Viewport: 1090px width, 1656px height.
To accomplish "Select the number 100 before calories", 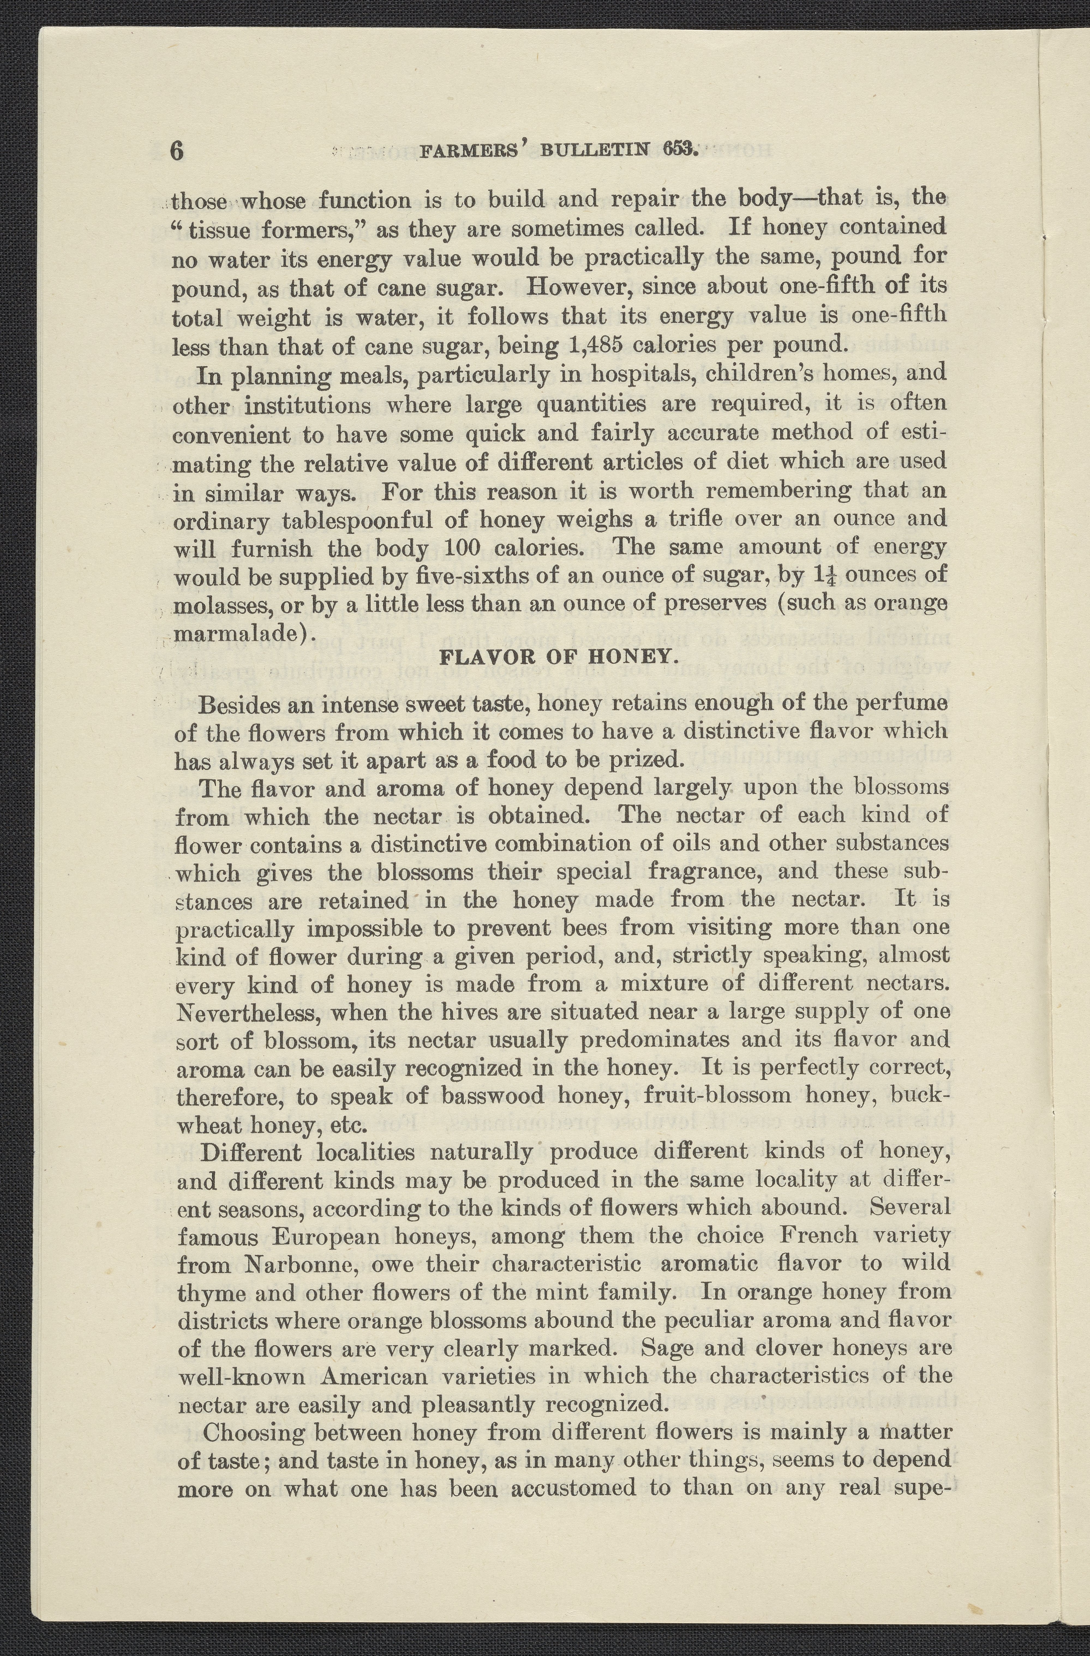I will click(458, 548).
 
